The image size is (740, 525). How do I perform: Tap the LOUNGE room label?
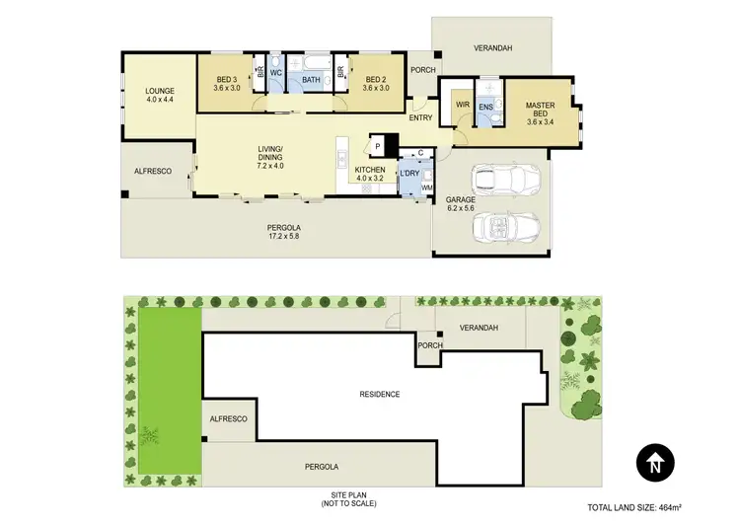tap(159, 96)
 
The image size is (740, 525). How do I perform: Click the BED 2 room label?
tap(375, 83)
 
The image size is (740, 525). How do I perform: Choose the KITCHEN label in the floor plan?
tap(369, 175)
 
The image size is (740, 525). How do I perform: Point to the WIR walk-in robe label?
tap(461, 104)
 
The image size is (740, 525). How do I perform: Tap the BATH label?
tap(310, 80)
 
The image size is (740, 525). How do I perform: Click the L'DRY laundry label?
tap(409, 175)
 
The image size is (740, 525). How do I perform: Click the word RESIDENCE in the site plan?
tap(379, 394)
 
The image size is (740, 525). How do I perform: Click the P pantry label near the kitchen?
tap(377, 146)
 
